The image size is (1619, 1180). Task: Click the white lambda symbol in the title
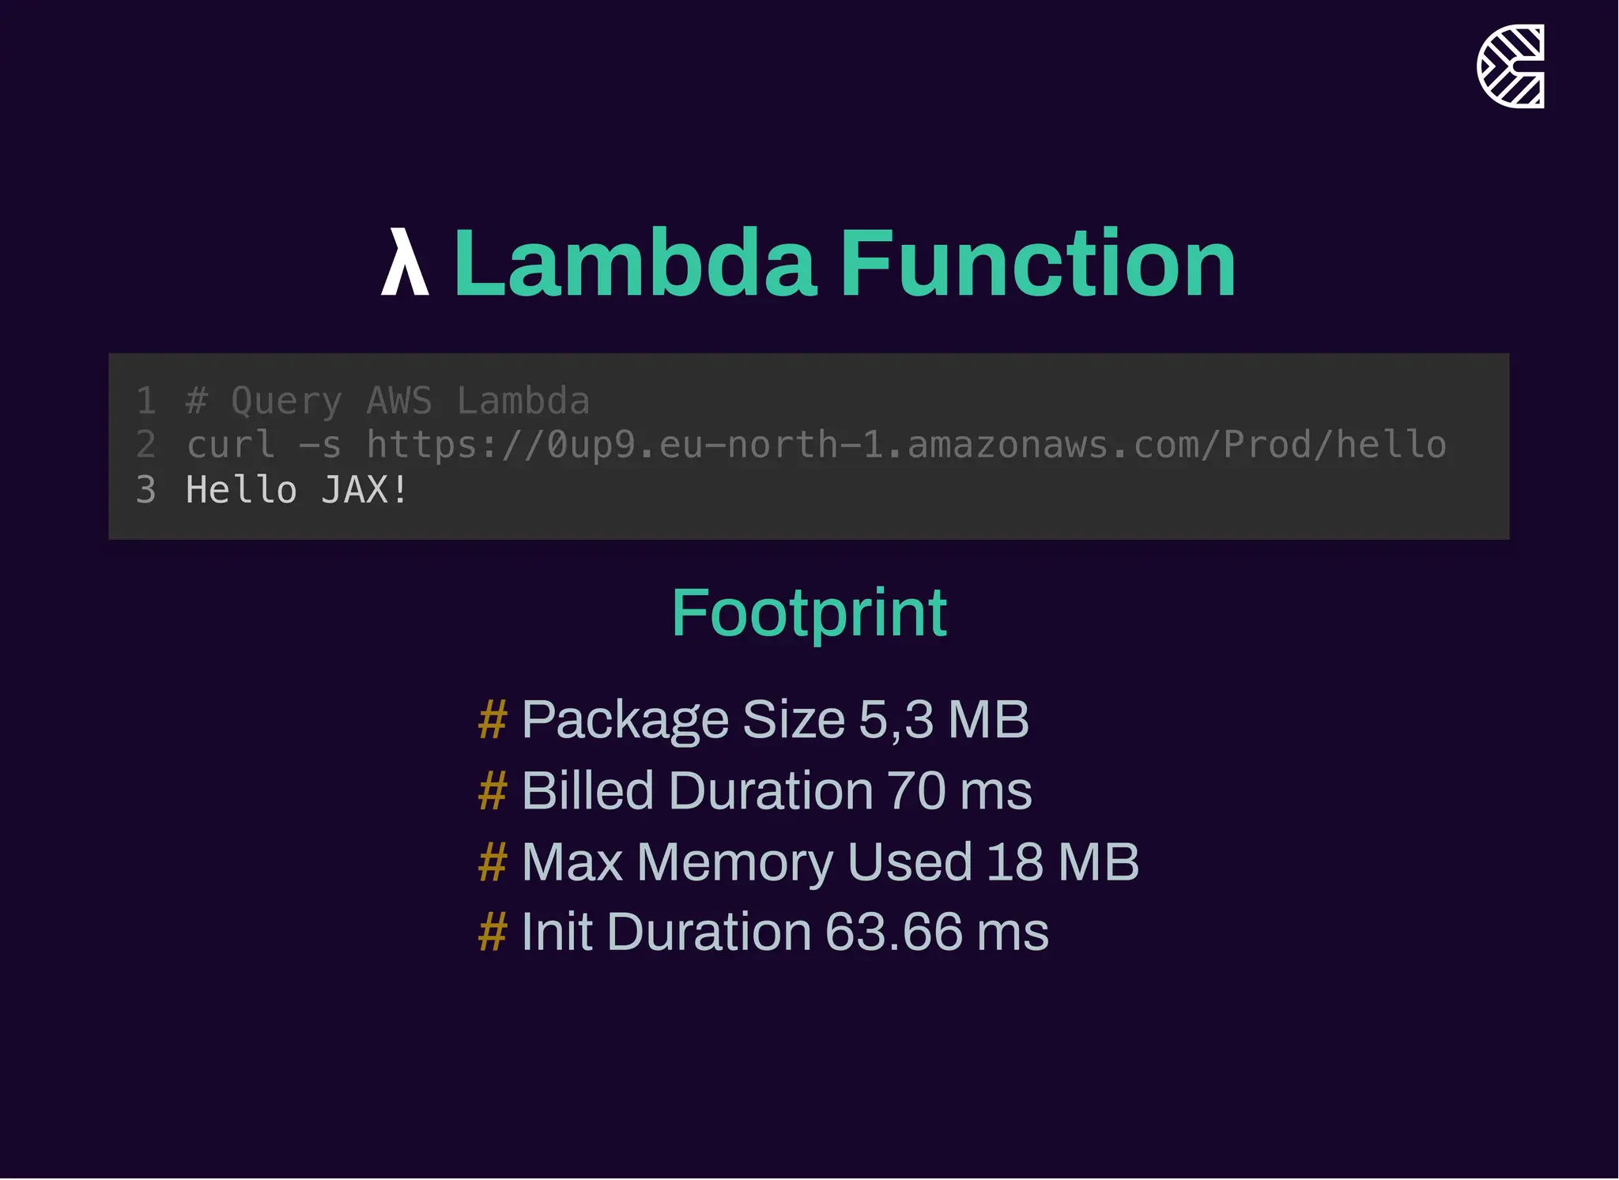[405, 263]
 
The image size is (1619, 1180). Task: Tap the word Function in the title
[1037, 263]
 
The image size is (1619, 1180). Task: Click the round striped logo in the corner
[1510, 66]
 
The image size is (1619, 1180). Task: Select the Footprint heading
[809, 613]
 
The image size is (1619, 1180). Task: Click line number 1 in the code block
[145, 402]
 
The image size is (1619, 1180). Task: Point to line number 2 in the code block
[145, 445]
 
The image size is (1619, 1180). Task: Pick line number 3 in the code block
[145, 490]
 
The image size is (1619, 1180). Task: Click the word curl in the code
[231, 445]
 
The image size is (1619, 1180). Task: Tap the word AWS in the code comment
[399, 402]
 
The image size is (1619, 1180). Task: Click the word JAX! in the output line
[364, 490]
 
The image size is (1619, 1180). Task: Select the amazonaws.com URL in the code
[906, 445]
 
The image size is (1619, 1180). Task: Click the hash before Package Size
[492, 720]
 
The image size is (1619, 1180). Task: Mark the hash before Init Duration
[492, 933]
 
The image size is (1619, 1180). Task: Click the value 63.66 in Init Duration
[893, 933]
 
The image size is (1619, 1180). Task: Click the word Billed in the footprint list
[587, 791]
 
